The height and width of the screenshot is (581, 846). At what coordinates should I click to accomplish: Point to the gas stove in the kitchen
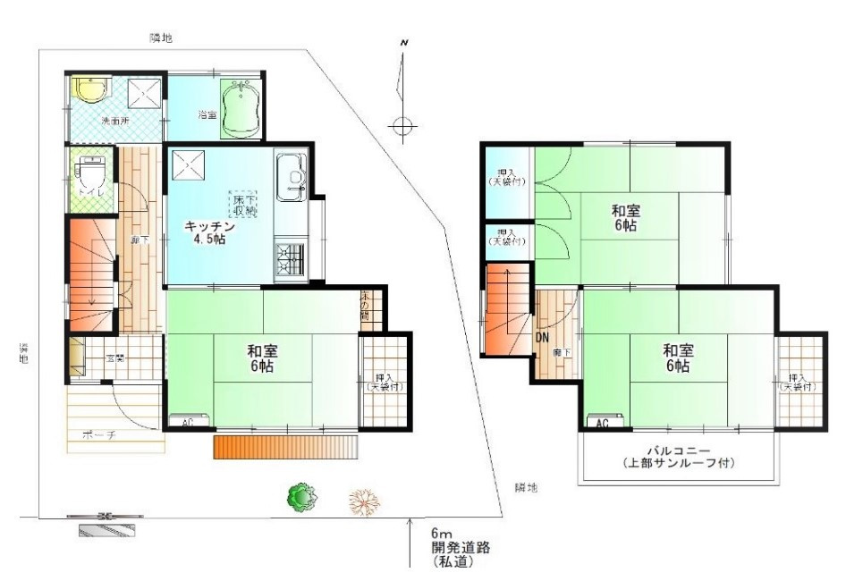tap(290, 259)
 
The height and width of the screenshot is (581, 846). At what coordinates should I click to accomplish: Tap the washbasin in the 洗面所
tap(89, 89)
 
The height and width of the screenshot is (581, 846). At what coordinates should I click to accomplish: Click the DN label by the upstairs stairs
tap(542, 338)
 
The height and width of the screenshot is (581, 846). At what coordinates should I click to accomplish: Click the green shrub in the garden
tap(302, 497)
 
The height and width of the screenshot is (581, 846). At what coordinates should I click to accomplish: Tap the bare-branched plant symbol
tap(363, 502)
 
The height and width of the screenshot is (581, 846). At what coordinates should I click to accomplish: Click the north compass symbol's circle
tap(403, 125)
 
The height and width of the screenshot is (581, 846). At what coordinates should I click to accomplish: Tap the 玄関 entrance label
tap(115, 358)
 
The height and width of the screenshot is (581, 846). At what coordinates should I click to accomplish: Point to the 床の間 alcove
tap(369, 305)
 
